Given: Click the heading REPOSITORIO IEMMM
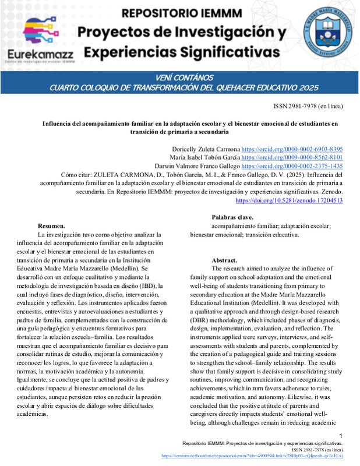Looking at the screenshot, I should tap(186, 13).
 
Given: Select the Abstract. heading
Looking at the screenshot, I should tap(224, 260).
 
